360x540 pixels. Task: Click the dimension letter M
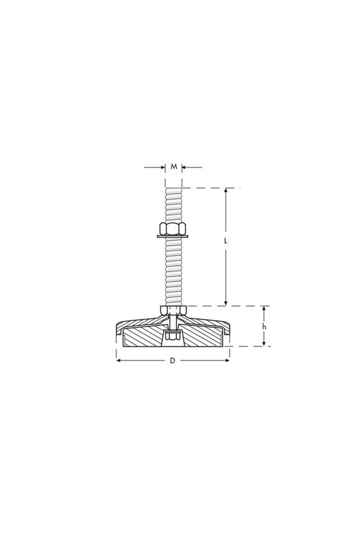coord(174,167)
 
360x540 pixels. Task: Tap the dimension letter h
coord(264,327)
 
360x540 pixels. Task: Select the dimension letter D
coord(172,361)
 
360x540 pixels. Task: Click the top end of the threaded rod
coord(173,187)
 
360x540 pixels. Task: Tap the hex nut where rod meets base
coord(173,310)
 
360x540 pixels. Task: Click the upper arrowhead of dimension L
coord(226,191)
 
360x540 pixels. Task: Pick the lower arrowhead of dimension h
coord(264,343)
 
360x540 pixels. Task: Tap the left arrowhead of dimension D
coord(119,361)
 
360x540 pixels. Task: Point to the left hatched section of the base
coord(142,336)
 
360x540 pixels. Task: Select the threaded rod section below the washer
coord(173,270)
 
